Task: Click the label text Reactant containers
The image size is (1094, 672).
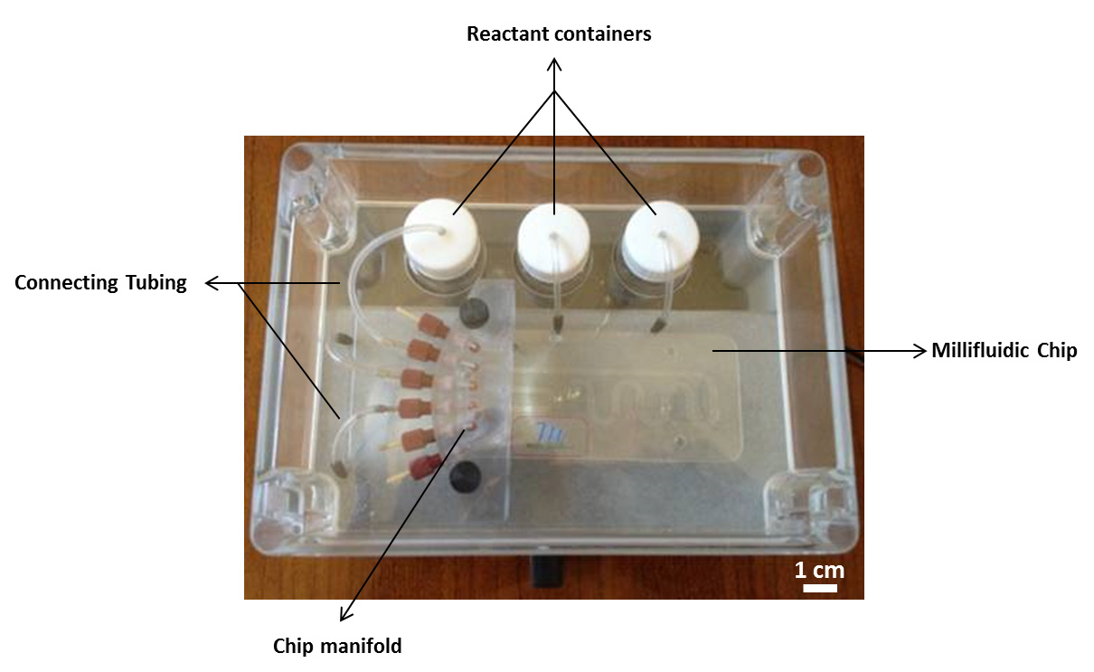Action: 559,35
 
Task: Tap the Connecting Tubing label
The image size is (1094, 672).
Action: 100,283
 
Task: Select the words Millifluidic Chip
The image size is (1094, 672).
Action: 1004,351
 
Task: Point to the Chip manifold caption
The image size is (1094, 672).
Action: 337,646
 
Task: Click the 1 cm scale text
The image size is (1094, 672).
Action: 819,570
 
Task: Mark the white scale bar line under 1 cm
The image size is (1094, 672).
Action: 819,588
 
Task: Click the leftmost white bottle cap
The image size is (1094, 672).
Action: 441,231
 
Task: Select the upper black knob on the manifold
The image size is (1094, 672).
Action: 470,313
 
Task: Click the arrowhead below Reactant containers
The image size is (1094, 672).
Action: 556,64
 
